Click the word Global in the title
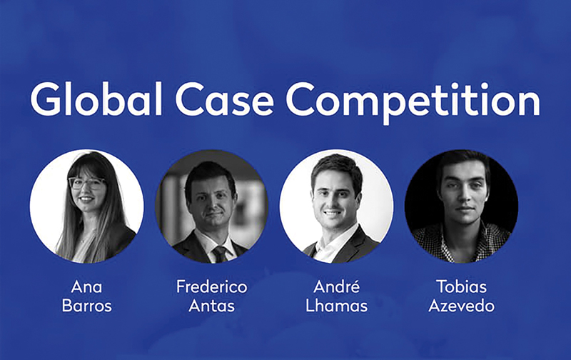[96, 99]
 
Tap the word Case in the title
[224, 100]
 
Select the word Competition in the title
[413, 102]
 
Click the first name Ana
[86, 286]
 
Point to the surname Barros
[86, 306]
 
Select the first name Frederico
[211, 286]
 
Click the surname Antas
[211, 306]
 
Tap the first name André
[336, 286]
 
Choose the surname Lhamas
[336, 306]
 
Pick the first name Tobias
[461, 286]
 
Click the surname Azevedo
[461, 306]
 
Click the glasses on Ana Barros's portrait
[86, 183]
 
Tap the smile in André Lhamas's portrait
[332, 212]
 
